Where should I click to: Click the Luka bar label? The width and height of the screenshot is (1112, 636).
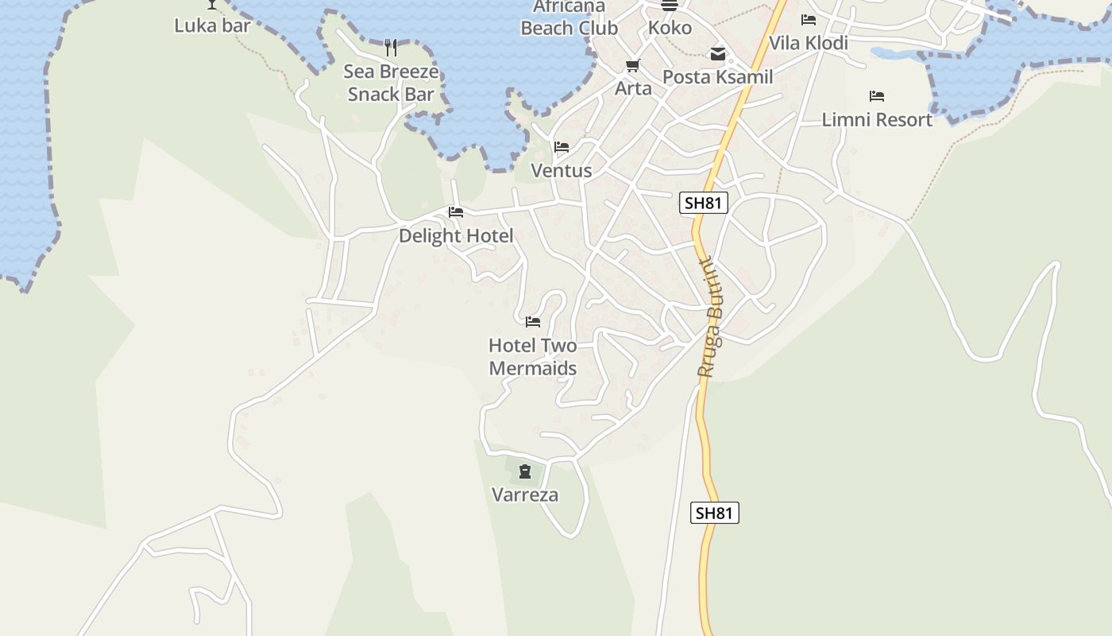(212, 25)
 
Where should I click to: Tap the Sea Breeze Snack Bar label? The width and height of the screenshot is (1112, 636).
(391, 83)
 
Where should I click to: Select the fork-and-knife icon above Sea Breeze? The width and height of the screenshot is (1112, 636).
(390, 48)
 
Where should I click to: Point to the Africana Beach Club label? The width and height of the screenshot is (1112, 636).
(569, 17)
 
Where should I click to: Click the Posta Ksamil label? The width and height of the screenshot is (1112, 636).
(717, 77)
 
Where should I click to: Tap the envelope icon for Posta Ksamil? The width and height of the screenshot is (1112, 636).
(717, 54)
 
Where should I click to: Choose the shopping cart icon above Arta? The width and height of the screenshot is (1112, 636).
(633, 65)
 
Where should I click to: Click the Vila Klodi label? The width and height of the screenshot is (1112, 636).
(809, 43)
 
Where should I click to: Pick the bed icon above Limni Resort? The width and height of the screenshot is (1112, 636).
(877, 96)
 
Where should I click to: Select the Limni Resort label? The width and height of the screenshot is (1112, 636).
(877, 120)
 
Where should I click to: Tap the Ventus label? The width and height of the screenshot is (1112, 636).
(562, 171)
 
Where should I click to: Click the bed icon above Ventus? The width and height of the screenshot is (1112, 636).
(562, 147)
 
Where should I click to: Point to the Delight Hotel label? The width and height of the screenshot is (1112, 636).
(456, 235)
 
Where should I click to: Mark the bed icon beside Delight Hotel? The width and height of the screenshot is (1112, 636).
(456, 212)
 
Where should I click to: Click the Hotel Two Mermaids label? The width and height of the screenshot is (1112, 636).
(533, 357)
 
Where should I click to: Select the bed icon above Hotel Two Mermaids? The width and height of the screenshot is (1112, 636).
(533, 321)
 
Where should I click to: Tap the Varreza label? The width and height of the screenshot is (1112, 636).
(525, 494)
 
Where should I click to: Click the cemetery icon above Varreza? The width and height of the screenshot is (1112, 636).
(525, 471)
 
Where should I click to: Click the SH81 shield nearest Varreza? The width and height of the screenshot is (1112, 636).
(714, 513)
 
